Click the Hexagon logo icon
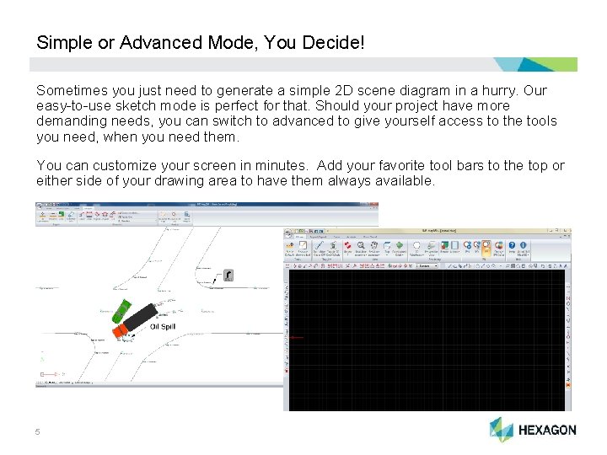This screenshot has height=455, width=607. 502,429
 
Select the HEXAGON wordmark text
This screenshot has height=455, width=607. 547,430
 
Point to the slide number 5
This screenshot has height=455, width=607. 38,432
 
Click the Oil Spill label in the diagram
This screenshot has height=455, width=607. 162,326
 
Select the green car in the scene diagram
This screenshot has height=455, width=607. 120,308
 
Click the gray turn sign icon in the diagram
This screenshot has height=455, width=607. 227,276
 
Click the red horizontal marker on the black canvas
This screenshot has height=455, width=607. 296,338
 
